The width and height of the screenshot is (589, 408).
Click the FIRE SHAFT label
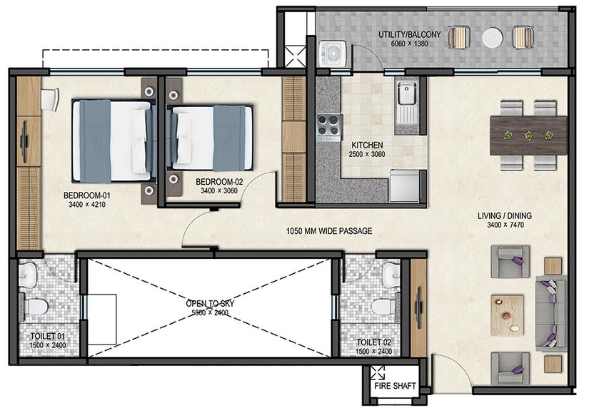click(395, 386)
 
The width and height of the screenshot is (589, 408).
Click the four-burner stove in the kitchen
click(329, 126)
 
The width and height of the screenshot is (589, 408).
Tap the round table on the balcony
click(493, 38)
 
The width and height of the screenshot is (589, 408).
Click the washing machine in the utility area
click(332, 54)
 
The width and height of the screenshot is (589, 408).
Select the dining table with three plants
click(528, 135)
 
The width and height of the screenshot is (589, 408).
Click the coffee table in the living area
click(507, 315)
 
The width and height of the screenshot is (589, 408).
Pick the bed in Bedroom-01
click(113, 141)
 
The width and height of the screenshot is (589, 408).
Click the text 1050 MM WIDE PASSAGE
click(329, 231)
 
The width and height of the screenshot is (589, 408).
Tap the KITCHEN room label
click(367, 145)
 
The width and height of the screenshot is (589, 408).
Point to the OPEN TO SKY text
click(210, 303)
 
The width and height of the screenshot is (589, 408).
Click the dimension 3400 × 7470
click(505, 225)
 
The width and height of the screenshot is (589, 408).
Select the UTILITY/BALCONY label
click(409, 34)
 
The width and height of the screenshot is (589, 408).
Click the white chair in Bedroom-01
click(49, 98)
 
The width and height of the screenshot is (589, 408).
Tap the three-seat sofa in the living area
click(551, 313)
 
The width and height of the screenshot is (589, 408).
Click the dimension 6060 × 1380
click(409, 44)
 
